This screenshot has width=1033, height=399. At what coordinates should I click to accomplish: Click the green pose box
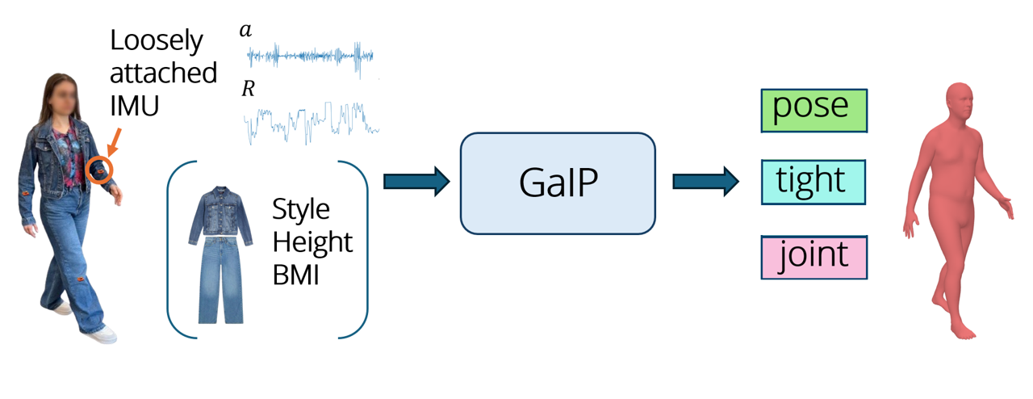click(x=814, y=111)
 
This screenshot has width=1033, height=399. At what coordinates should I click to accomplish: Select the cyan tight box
click(x=813, y=182)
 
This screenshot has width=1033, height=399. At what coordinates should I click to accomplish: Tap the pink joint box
click(x=814, y=257)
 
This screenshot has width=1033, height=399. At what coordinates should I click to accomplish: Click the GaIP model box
click(x=558, y=183)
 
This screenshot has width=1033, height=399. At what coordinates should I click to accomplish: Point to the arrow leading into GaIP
click(x=416, y=182)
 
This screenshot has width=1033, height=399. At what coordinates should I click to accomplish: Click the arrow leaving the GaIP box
click(x=705, y=182)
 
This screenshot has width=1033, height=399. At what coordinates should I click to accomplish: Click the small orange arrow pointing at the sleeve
click(x=115, y=142)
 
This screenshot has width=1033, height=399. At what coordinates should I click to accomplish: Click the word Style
click(x=301, y=210)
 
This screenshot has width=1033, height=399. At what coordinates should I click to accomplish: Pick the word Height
click(x=312, y=241)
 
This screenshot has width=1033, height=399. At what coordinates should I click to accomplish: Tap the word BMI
click(x=295, y=275)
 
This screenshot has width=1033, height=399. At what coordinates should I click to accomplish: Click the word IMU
click(x=134, y=106)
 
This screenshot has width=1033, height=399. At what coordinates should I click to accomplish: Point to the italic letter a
click(x=245, y=30)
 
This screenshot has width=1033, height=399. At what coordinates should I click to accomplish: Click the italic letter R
click(x=248, y=88)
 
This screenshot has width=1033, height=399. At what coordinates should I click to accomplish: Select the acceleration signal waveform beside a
click(x=310, y=57)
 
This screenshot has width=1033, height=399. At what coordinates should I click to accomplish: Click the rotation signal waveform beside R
click(x=312, y=123)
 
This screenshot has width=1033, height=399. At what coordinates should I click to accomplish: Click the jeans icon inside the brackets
click(x=220, y=279)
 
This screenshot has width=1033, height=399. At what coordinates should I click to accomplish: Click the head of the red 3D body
click(x=960, y=101)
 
